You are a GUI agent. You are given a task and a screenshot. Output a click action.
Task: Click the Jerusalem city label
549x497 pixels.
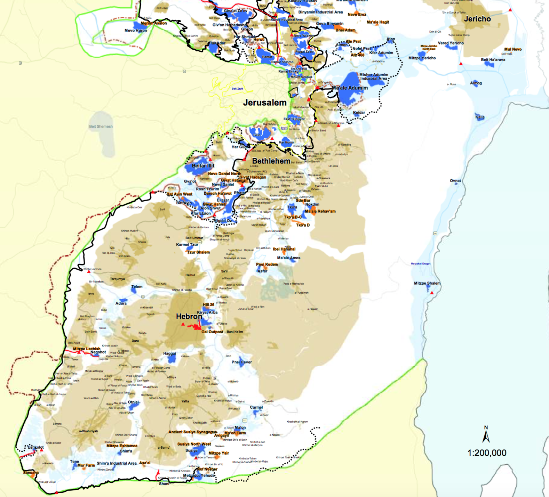(264, 103)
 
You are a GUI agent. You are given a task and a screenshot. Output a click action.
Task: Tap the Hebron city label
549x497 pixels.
(189, 316)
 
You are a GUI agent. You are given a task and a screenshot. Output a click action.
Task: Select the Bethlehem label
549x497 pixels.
(271, 161)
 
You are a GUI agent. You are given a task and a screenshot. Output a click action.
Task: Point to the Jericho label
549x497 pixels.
(477, 19)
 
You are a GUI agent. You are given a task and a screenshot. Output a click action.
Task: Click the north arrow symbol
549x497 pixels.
(486, 435)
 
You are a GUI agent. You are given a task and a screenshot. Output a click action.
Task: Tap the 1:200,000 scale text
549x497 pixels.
(487, 453)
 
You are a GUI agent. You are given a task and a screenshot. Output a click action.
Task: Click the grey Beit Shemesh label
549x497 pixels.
(101, 127)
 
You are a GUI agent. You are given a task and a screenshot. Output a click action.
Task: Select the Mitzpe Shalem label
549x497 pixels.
(427, 283)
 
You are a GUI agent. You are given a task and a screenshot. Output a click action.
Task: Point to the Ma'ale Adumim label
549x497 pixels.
(350, 88)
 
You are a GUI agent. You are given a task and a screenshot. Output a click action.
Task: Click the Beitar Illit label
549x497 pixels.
(203, 166)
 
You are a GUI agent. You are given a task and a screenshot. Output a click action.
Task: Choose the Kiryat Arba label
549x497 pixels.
(207, 312)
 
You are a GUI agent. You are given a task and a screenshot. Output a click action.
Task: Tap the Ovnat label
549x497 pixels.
(455, 181)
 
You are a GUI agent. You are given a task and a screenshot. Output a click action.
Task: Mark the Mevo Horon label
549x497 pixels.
(136, 31)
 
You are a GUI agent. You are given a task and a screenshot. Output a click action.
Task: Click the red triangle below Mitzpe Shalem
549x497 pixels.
(432, 293)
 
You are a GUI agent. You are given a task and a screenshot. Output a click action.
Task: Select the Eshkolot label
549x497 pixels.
(36, 447)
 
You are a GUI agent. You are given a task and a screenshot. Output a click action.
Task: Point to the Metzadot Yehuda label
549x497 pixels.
(199, 475)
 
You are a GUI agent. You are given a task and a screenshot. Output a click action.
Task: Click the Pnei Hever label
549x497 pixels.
(241, 362)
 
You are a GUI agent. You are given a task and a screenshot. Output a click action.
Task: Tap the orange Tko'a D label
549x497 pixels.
(303, 225)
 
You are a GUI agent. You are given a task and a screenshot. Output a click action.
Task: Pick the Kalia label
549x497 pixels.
(480, 117)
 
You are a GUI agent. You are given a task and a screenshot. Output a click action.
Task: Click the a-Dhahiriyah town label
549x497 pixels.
(88, 431)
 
